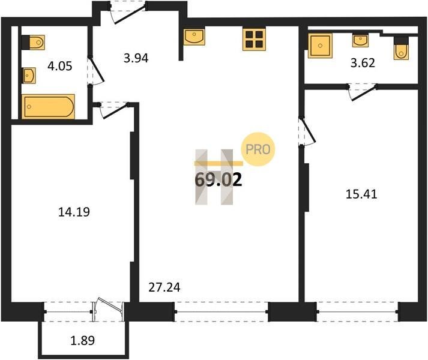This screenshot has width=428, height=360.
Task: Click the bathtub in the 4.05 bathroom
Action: tap(48, 106)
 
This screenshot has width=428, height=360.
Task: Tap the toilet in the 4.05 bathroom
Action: tap(33, 43)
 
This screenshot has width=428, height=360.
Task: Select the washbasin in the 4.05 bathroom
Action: tap(29, 76)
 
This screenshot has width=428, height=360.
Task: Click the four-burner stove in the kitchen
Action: tap(254, 40)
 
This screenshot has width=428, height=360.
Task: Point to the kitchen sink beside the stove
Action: tap(194, 37)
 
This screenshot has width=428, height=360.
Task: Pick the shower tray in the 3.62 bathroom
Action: tap(320, 46)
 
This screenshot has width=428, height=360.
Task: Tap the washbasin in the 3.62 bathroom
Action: tap(360, 40)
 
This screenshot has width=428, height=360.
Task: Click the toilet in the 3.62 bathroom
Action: tap(401, 48)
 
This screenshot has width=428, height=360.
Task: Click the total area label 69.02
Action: tap(219, 180)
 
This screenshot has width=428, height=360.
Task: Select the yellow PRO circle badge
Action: tap(258, 149)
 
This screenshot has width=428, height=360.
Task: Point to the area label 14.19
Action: tap(74, 212)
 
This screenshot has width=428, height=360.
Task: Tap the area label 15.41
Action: tap(361, 194)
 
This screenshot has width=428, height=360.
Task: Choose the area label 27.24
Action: tap(164, 287)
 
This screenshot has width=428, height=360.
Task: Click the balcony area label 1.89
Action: tap(83, 340)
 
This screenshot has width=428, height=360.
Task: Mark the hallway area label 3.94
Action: tap(136, 58)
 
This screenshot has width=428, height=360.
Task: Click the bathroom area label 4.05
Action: tap(60, 66)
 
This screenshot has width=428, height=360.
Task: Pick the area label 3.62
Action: tap(363, 63)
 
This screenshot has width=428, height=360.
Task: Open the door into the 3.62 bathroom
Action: tap(363, 92)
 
